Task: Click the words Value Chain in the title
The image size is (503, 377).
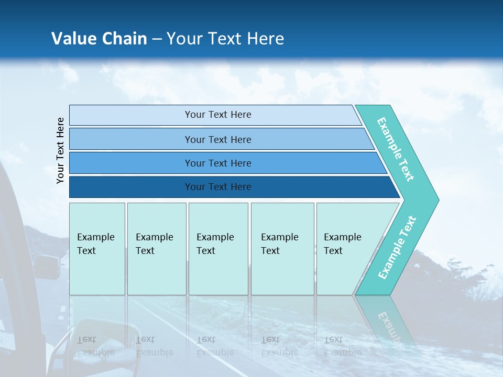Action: (x=99, y=39)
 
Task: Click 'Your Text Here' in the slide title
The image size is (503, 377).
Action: (x=225, y=39)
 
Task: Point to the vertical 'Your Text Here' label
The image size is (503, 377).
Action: (x=60, y=150)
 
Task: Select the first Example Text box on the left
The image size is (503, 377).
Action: (x=97, y=249)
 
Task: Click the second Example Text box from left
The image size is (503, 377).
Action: (x=157, y=249)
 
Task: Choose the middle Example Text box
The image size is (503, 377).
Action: (x=218, y=249)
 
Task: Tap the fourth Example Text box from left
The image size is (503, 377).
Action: (x=282, y=249)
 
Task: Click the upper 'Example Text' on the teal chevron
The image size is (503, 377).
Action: (x=396, y=149)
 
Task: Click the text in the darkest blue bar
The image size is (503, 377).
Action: (x=218, y=187)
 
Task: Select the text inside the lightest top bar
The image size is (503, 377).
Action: (x=218, y=115)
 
